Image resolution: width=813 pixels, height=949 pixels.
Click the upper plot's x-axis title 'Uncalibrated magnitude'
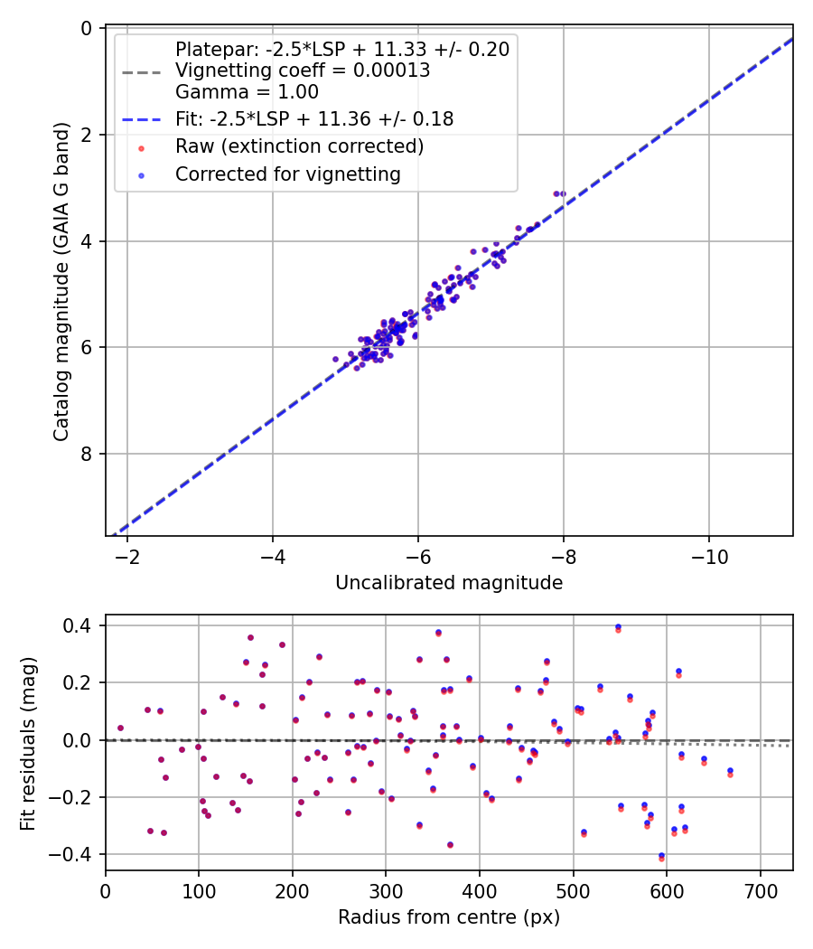pyautogui.click(x=449, y=583)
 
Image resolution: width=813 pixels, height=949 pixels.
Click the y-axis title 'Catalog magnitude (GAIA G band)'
pyautogui.click(x=61, y=283)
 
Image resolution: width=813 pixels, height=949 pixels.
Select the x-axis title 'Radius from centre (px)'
pyautogui.click(x=449, y=917)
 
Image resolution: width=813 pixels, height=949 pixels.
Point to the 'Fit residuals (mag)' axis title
pyautogui.click(x=28, y=742)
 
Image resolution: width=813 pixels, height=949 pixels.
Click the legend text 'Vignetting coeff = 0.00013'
pyautogui.click(x=303, y=70)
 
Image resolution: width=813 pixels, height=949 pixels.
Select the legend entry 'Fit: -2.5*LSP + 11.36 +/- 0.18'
pyautogui.click(x=314, y=118)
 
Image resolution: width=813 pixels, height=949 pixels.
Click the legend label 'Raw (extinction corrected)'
pyautogui.click(x=300, y=146)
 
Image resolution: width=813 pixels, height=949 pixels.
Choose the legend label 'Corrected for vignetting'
pyautogui.click(x=288, y=174)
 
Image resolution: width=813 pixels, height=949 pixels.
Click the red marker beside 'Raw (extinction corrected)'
pyautogui.click(x=141, y=146)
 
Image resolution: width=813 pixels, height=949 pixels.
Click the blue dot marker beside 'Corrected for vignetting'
pyautogui.click(x=141, y=174)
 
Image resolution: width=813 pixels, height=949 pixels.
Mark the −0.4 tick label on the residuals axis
pyautogui.click(x=78, y=854)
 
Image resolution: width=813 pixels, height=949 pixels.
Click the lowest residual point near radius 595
pyautogui.click(x=662, y=857)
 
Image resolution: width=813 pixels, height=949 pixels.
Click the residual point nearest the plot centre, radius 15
pyautogui.click(x=120, y=728)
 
